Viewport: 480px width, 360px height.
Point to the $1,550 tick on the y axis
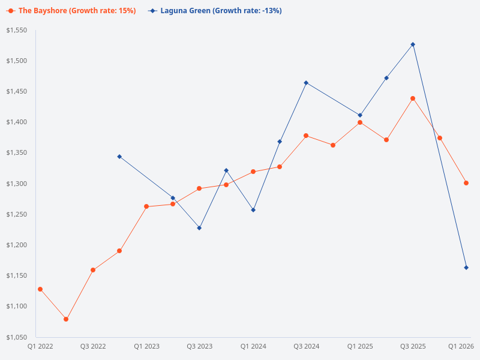tap(17, 30)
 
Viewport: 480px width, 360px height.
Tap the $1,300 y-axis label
tap(17, 184)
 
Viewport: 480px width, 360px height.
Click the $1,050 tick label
tap(17, 337)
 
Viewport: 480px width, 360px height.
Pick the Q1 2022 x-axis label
tap(40, 346)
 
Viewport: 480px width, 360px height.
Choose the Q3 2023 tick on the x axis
tap(199, 346)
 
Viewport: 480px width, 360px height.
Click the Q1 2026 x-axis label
tap(462, 346)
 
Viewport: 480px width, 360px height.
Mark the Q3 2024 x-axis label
tap(306, 346)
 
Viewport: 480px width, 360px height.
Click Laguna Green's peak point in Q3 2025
tap(413, 44)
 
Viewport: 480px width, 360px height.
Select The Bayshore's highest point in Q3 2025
tap(413, 98)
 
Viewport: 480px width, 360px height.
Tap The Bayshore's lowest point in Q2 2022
tap(66, 319)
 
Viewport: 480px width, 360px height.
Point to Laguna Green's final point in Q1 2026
tap(466, 268)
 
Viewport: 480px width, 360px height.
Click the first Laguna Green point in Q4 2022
tap(119, 157)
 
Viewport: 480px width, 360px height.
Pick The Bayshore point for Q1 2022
tap(40, 289)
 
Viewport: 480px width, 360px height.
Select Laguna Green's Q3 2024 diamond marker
tap(306, 83)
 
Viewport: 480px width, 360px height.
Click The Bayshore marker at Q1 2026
tap(466, 183)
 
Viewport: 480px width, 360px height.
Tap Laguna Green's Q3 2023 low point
tap(199, 228)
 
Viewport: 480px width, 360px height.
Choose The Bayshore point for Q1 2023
tap(146, 206)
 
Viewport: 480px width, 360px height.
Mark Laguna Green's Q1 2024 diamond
tap(253, 210)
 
